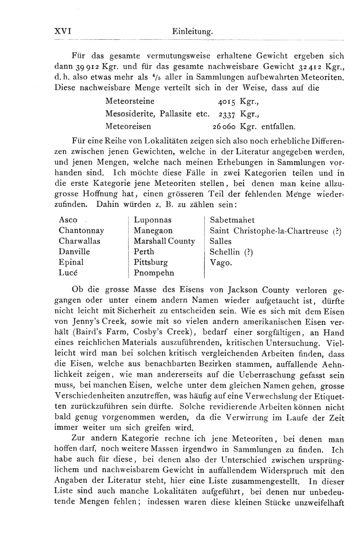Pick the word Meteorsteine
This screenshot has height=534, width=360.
click(x=130, y=102)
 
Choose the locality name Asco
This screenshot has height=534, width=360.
click(x=68, y=220)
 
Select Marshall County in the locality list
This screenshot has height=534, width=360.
click(x=164, y=241)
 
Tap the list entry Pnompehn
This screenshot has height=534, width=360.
click(x=154, y=273)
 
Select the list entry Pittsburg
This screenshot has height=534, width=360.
click(x=151, y=262)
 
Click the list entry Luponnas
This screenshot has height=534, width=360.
click(x=153, y=220)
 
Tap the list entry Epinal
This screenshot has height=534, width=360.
click(x=71, y=262)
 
